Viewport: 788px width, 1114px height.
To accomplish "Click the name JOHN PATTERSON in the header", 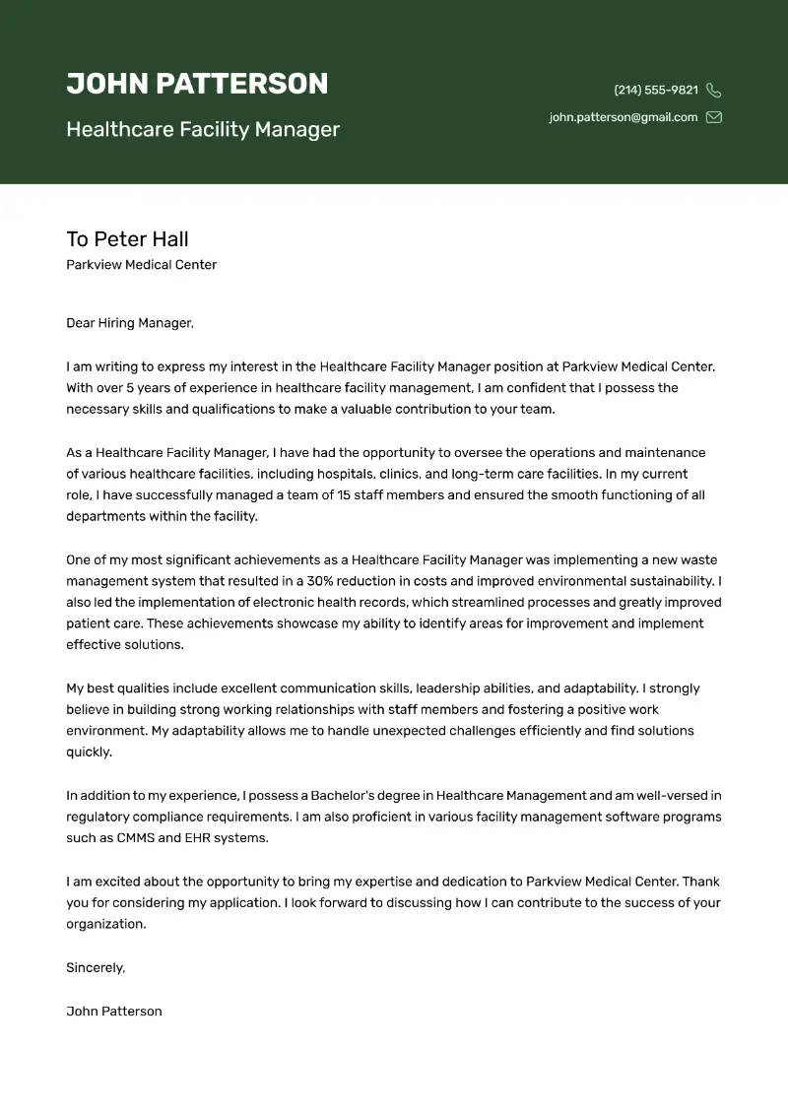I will (x=197, y=84).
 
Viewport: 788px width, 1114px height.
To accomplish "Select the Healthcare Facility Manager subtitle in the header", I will (x=203, y=129).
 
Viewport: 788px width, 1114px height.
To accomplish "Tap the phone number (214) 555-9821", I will (x=656, y=90).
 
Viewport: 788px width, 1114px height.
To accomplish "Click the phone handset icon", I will (x=714, y=91).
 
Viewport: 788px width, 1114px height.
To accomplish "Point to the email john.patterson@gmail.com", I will (x=624, y=117).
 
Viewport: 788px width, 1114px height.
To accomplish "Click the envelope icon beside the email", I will (x=714, y=117).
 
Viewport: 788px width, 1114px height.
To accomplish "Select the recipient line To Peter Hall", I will (x=127, y=239).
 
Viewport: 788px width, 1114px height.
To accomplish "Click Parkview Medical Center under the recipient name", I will (x=141, y=265).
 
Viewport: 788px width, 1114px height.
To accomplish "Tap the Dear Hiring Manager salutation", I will (x=130, y=323).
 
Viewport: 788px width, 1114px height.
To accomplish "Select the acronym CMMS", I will (x=134, y=838).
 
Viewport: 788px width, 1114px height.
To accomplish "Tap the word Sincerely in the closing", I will (x=96, y=968).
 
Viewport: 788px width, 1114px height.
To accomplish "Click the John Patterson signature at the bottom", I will (x=114, y=1011).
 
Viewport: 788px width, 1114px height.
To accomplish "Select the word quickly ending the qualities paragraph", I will (x=89, y=753).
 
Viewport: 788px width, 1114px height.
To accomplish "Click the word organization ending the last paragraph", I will (x=105, y=925).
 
